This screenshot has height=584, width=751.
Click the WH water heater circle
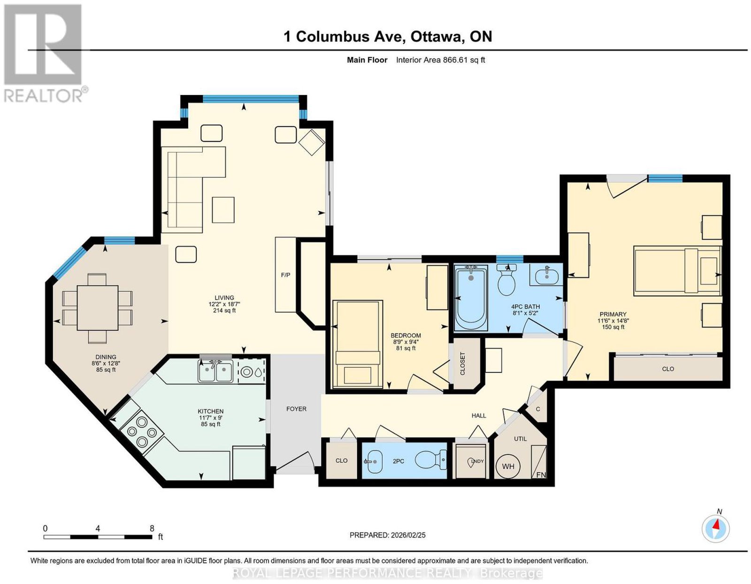508,466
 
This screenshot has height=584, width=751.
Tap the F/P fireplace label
285,275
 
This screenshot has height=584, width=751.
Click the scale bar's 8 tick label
152,529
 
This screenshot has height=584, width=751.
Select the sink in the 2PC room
374,461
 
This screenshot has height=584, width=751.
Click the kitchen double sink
215,370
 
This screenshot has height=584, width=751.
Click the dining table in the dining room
98,308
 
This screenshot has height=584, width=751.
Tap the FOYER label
296,409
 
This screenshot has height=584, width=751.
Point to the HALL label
479,415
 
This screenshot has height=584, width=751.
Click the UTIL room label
520,439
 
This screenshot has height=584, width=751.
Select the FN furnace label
541,475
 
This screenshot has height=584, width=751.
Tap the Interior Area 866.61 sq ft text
440,60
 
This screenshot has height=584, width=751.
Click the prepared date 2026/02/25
408,535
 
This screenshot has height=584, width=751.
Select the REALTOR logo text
43,96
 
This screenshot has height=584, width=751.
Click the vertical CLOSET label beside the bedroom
463,363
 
